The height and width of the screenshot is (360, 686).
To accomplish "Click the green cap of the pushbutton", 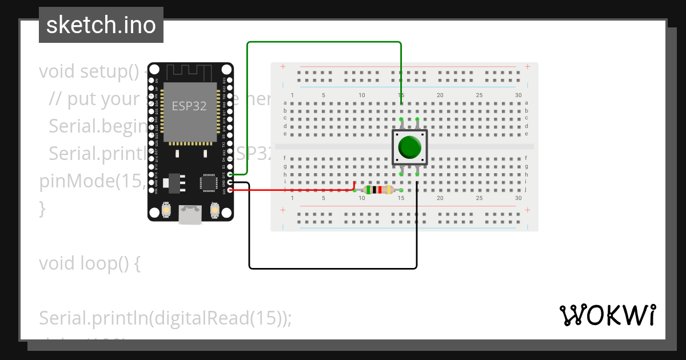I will pyautogui.click(x=409, y=147).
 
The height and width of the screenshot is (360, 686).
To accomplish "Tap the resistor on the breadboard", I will pyautogui.click(x=378, y=190).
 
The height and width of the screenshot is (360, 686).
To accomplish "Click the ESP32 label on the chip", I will pyautogui.click(x=189, y=106).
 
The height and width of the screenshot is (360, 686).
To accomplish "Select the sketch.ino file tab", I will pyautogui.click(x=101, y=25).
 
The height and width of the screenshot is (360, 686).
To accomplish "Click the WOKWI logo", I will pyautogui.click(x=607, y=315).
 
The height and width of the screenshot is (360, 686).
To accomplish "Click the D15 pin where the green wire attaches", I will pyautogui.click(x=230, y=174).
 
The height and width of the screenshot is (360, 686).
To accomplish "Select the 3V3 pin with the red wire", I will pyautogui.click(x=230, y=190).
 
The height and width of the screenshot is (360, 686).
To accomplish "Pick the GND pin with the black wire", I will pyautogui.click(x=230, y=182).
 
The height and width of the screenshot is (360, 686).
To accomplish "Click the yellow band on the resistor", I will pyautogui.click(x=389, y=190).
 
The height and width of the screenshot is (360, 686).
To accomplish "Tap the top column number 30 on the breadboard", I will pyautogui.click(x=518, y=95).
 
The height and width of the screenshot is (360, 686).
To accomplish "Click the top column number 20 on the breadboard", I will pyautogui.click(x=440, y=95).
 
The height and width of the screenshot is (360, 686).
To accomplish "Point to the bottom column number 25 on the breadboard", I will pyautogui.click(x=479, y=198).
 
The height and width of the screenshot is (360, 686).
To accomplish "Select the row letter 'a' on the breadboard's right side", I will pyautogui.click(x=527, y=103).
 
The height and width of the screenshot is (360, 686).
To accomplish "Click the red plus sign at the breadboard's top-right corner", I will pyautogui.click(x=527, y=67).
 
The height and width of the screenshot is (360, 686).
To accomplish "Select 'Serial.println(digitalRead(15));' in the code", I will pyautogui.click(x=165, y=318).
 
